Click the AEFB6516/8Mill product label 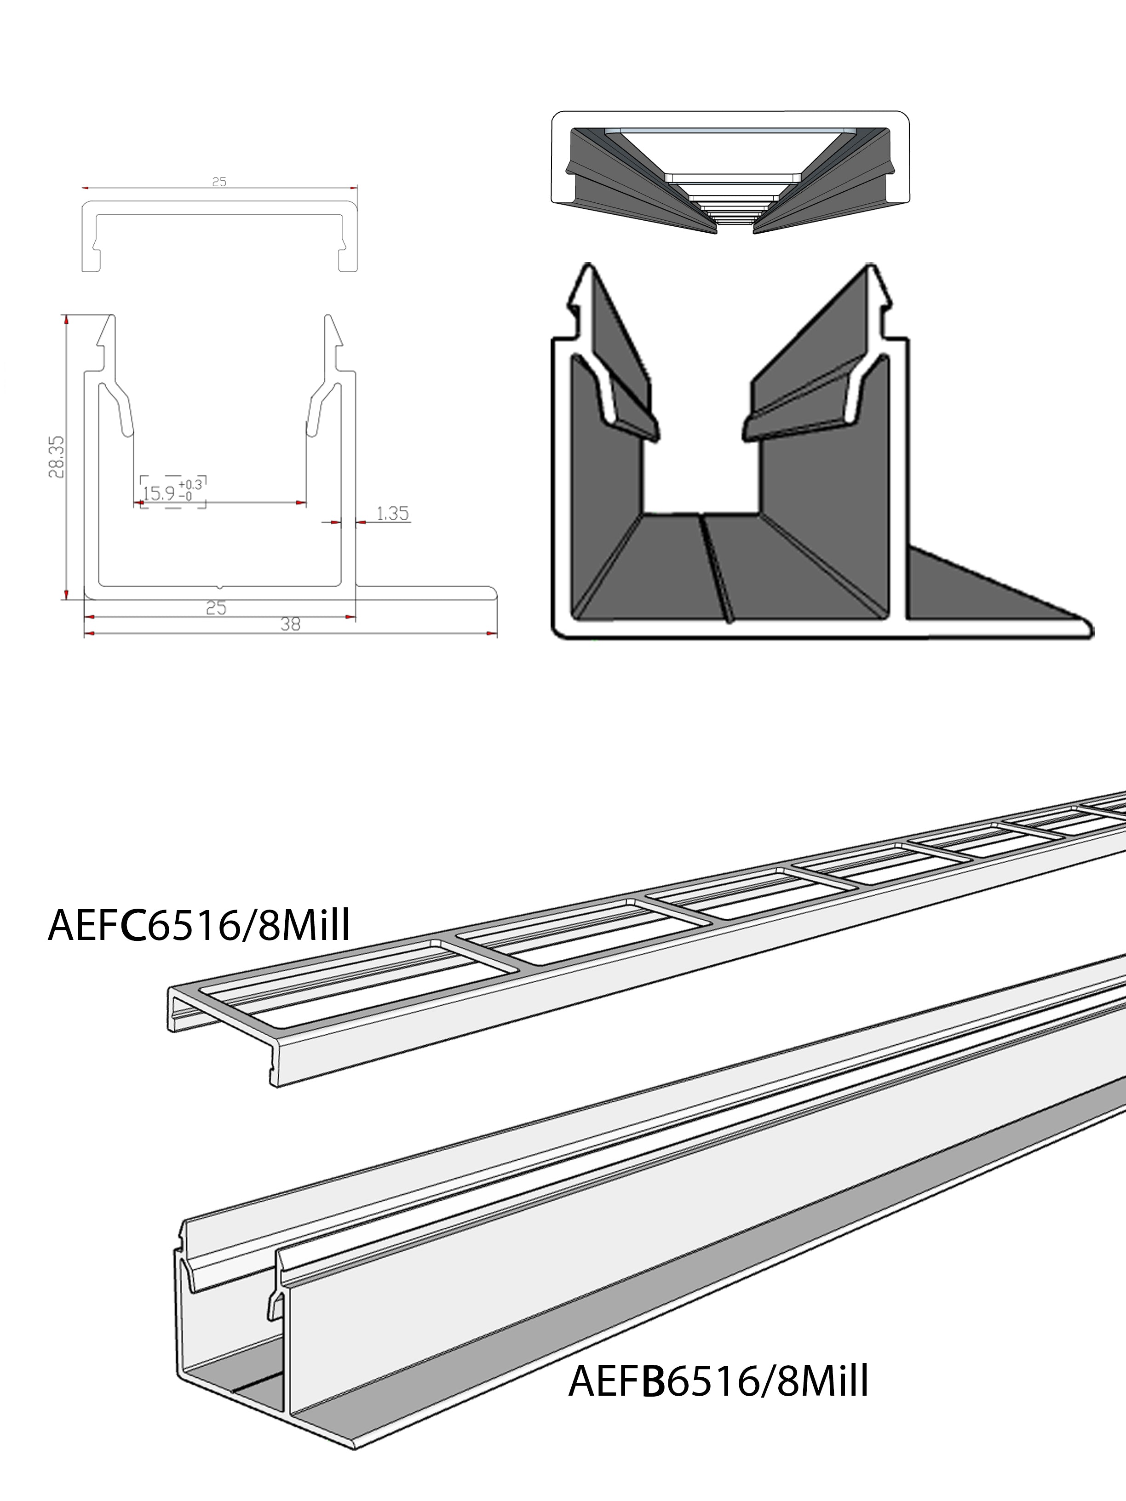718,1381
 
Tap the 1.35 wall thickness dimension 392,513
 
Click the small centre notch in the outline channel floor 219,585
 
